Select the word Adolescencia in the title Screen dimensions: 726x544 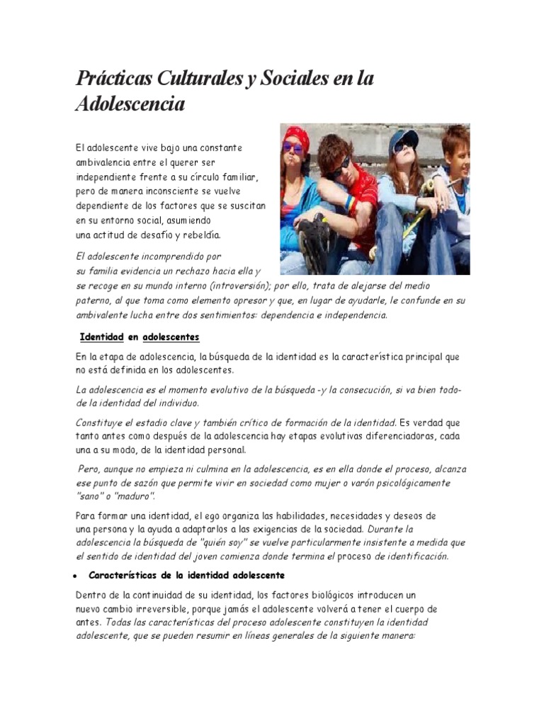[130, 104]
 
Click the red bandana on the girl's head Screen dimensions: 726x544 [297, 135]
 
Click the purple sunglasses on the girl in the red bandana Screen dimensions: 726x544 [293, 148]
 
